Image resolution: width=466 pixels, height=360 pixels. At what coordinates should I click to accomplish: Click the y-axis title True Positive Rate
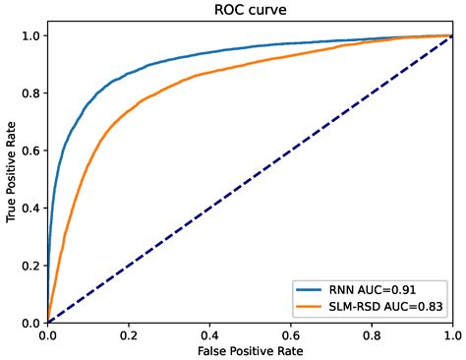[x=11, y=178]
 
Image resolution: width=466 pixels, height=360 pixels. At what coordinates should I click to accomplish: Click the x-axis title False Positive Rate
[x=250, y=350]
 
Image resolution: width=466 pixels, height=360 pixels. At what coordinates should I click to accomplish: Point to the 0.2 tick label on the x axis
[x=129, y=334]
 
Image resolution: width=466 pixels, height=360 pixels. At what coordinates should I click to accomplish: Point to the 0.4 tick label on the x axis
[x=209, y=334]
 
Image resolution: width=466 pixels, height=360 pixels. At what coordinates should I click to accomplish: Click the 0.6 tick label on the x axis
[x=290, y=334]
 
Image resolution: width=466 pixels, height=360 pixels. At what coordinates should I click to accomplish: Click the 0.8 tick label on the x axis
[x=372, y=334]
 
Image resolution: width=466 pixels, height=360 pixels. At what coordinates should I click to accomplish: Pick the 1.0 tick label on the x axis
[x=451, y=334]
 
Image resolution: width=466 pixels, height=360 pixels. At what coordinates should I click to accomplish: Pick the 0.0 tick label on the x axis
[x=48, y=334]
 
